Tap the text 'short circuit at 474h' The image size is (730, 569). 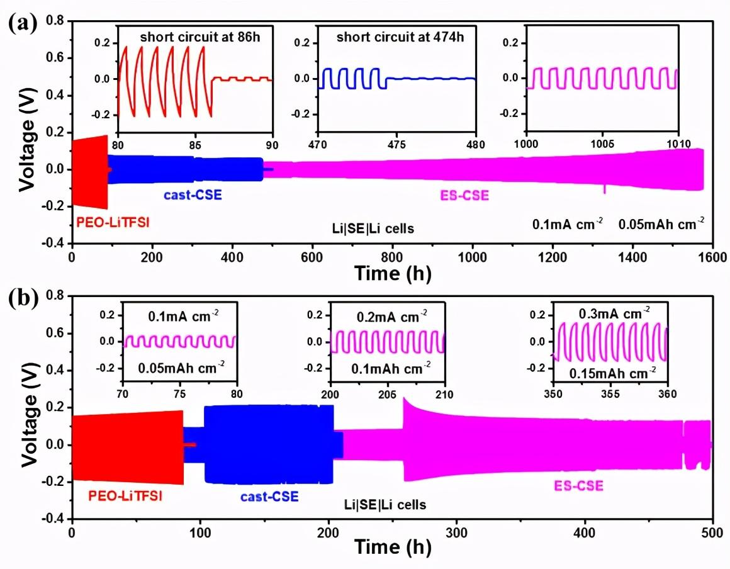click(400, 37)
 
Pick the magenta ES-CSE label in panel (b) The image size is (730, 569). click(578, 485)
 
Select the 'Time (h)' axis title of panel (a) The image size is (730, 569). click(393, 274)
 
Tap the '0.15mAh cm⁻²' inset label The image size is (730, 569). click(609, 373)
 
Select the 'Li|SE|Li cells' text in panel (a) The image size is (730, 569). click(373, 228)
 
